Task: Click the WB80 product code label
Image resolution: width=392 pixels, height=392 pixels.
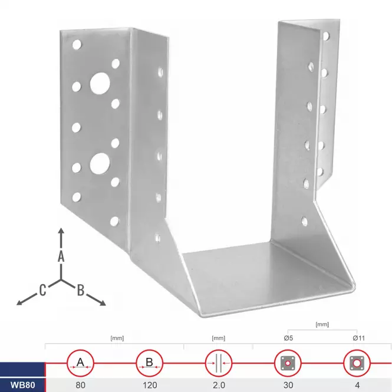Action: [22, 385]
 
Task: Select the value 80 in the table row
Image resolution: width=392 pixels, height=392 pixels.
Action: [81, 385]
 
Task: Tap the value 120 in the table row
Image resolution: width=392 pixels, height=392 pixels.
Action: [150, 385]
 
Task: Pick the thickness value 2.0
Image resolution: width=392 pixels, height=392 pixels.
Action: [219, 385]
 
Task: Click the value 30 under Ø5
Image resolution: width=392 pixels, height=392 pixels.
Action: [288, 385]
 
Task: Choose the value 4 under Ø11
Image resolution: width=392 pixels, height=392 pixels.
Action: [357, 385]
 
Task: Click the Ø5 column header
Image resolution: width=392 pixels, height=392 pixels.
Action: [288, 338]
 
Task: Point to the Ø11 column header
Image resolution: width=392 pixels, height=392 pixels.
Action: [359, 338]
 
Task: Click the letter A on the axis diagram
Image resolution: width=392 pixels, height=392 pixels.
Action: [61, 256]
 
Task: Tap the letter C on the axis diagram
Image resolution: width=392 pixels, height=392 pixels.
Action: [43, 290]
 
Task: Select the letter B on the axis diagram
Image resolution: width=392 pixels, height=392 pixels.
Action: [81, 290]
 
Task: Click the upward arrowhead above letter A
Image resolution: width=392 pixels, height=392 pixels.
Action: [61, 230]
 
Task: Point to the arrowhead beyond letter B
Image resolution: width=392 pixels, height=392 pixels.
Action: [103, 303]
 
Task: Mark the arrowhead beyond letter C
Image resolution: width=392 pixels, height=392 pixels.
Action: [20, 302]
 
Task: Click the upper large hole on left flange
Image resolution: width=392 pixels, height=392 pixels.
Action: [100, 83]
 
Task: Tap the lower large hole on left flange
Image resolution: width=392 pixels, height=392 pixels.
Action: [100, 164]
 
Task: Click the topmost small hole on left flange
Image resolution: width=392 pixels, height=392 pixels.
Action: [77, 44]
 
